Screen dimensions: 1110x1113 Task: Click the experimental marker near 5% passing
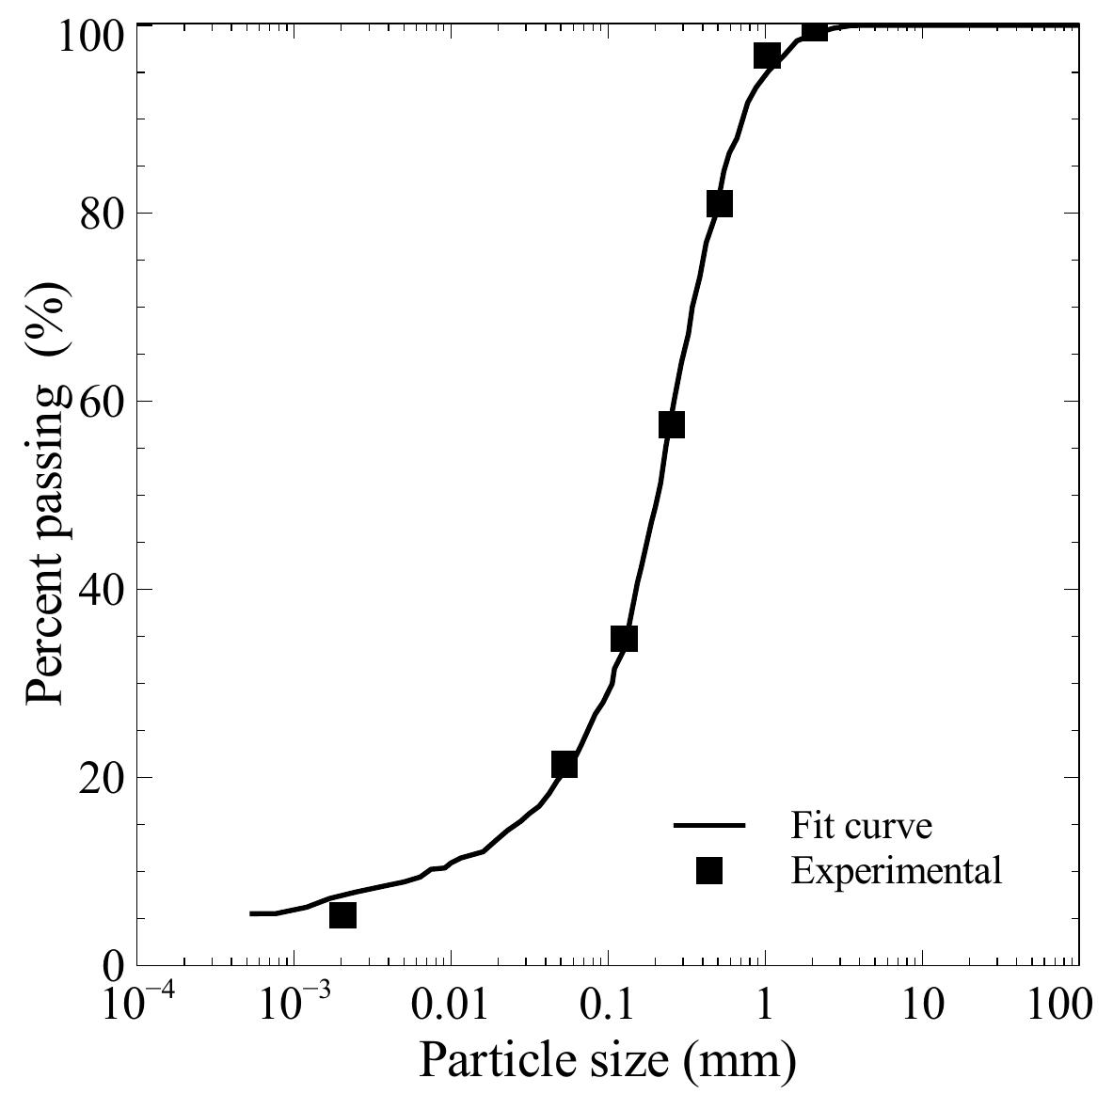pyautogui.click(x=343, y=914)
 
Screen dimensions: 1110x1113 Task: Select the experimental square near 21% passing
pyautogui.click(x=564, y=765)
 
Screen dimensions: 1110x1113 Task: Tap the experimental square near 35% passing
pyautogui.click(x=624, y=640)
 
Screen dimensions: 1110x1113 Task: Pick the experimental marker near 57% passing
pyautogui.click(x=671, y=425)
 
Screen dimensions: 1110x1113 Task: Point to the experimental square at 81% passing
pyautogui.click(x=719, y=204)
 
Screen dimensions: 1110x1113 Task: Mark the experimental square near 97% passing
pyautogui.click(x=767, y=56)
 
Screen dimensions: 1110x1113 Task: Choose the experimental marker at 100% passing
pyautogui.click(x=815, y=30)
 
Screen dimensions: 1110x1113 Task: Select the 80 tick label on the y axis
pyautogui.click(x=101, y=213)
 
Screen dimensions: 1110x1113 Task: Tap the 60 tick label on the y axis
pyautogui.click(x=101, y=401)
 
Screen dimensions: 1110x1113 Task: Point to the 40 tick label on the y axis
pyautogui.click(x=101, y=589)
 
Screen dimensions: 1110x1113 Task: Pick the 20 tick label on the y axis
pyautogui.click(x=101, y=777)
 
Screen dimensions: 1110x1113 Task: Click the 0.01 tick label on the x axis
pyautogui.click(x=451, y=1005)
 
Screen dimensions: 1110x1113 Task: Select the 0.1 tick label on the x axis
pyautogui.click(x=608, y=1005)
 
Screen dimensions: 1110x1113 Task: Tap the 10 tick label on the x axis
pyautogui.click(x=922, y=1005)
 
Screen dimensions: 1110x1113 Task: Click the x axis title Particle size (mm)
pyautogui.click(x=607, y=1061)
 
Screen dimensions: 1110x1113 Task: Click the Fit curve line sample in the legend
pyautogui.click(x=709, y=826)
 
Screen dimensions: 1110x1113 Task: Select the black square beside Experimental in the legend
pyautogui.click(x=709, y=871)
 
